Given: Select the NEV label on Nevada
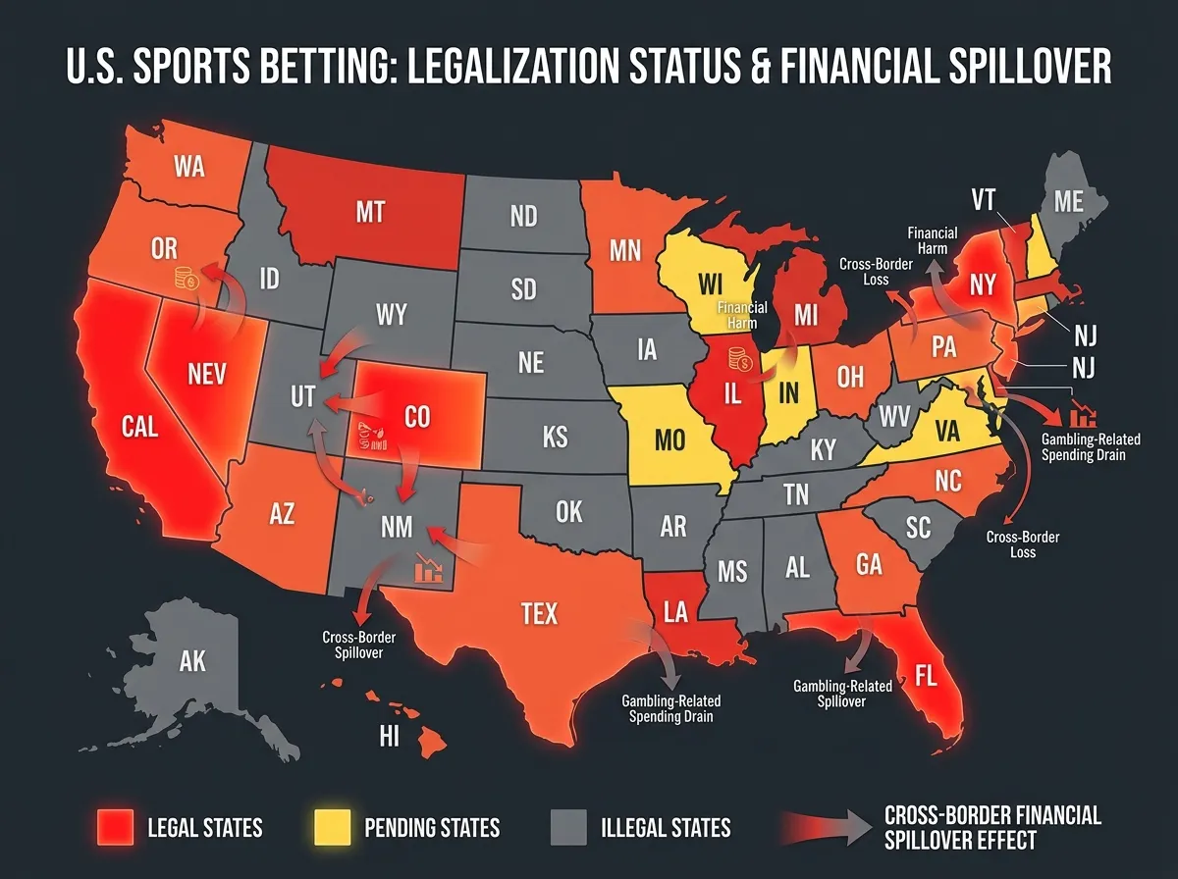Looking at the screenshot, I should point(207,373).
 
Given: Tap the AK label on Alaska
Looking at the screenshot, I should point(192,661).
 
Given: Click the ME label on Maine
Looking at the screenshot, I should point(1068,202).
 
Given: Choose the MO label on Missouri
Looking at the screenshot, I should point(669,439).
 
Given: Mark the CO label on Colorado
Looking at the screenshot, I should point(417,417).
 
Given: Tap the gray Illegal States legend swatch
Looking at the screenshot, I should point(569,827).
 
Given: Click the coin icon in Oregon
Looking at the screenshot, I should point(187,279).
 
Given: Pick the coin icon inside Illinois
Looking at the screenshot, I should point(739,363).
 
